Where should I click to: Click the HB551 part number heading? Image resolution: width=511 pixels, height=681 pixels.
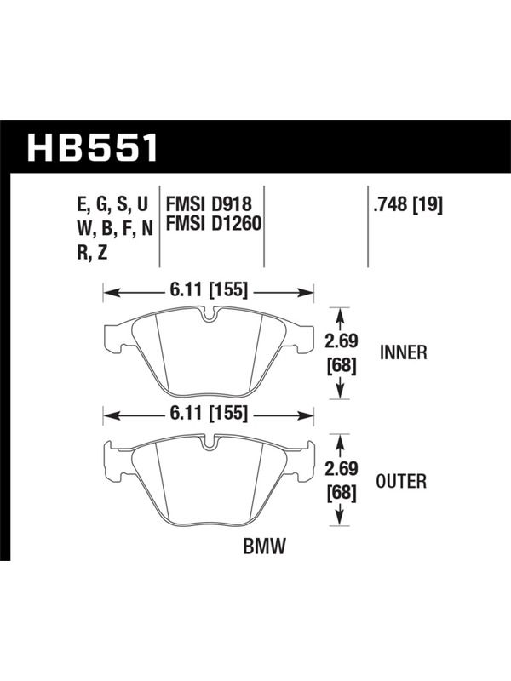click(x=93, y=147)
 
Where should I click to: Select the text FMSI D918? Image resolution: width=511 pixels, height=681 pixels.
click(x=209, y=204)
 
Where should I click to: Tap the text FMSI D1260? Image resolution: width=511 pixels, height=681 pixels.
click(x=214, y=224)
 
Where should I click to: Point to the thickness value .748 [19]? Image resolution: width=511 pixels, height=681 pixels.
click(x=408, y=204)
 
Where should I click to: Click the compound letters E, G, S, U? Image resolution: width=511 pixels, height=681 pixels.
click(x=113, y=204)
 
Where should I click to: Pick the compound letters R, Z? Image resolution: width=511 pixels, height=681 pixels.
click(x=92, y=252)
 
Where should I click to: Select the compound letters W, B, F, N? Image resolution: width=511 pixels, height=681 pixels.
click(x=115, y=228)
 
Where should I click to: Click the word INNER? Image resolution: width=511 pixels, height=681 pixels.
click(x=404, y=352)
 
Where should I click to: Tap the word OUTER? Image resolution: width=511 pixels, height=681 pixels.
click(x=401, y=481)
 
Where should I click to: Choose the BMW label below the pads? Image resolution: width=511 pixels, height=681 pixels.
click(x=265, y=546)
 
